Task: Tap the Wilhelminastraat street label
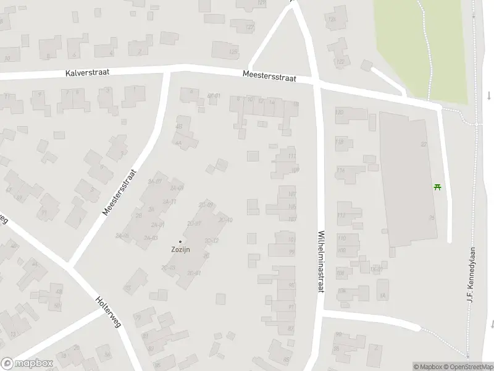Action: [320, 262]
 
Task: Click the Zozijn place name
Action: [180, 250]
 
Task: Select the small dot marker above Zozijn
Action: [180, 241]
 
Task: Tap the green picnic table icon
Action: [438, 186]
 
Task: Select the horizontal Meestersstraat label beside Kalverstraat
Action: [269, 78]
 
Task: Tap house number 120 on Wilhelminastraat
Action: [339, 112]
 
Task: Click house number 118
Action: [339, 142]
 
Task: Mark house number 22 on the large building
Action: [424, 144]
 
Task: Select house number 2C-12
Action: [211, 240]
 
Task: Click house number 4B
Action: [179, 126]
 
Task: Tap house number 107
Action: [292, 219]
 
